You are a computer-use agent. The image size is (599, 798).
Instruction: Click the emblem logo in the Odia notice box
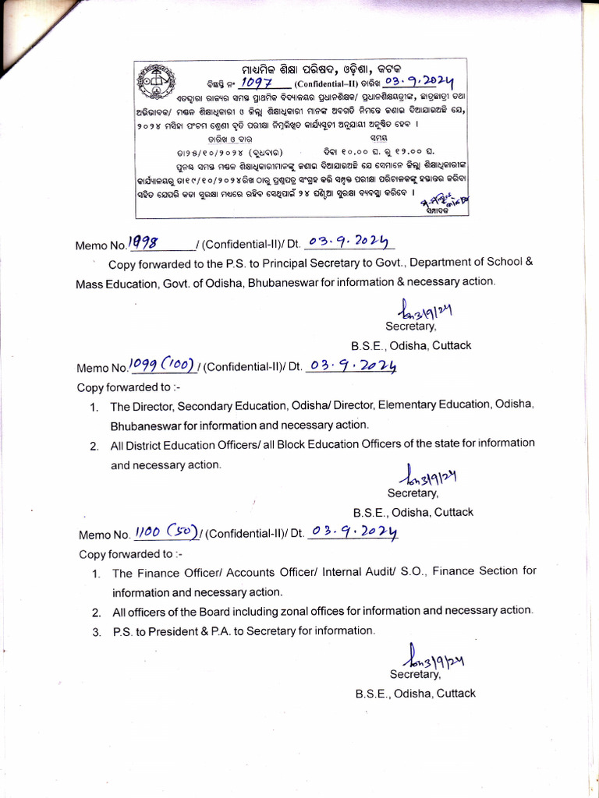155,79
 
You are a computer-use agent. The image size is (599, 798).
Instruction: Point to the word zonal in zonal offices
315,611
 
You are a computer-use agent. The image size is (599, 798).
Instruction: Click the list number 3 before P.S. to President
95,631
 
